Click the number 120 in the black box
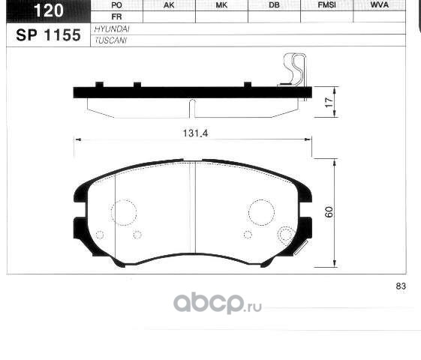pos(48,10)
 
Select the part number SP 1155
pos(48,35)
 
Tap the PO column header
pos(116,5)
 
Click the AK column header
pos(169,5)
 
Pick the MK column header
pos(221,5)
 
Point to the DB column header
pos(274,5)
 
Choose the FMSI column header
pos(326,5)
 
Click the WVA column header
pos(380,4)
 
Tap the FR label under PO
pos(116,17)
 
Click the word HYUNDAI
pos(112,29)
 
